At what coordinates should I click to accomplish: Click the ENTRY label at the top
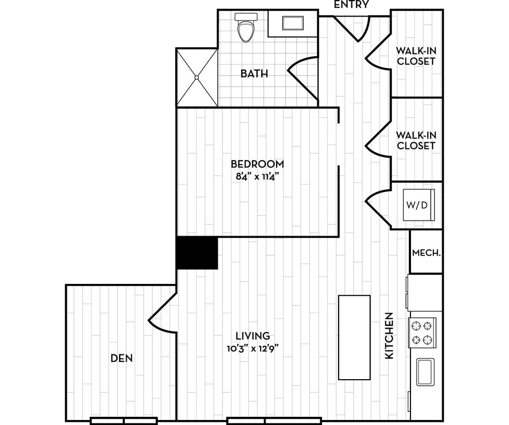point(352,5)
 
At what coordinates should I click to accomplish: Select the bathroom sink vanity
point(292,24)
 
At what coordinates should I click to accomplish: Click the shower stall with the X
point(197,77)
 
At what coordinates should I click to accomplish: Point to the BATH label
point(254,74)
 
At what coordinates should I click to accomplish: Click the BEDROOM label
point(257,164)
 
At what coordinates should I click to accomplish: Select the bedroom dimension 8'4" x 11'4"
point(257,176)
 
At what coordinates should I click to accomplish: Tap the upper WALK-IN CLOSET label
point(415,56)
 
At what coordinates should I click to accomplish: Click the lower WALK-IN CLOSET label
point(415,140)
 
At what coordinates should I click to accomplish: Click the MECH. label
point(426,253)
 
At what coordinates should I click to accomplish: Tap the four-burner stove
point(422,332)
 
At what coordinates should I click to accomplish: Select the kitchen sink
point(425,372)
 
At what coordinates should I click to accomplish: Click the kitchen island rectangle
point(354,337)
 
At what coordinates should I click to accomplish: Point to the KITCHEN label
point(389,335)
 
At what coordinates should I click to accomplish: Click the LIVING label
point(253,335)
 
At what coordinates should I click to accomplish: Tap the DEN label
point(121,358)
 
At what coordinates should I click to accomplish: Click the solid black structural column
point(197,253)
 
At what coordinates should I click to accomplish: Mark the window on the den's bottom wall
point(124,420)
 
